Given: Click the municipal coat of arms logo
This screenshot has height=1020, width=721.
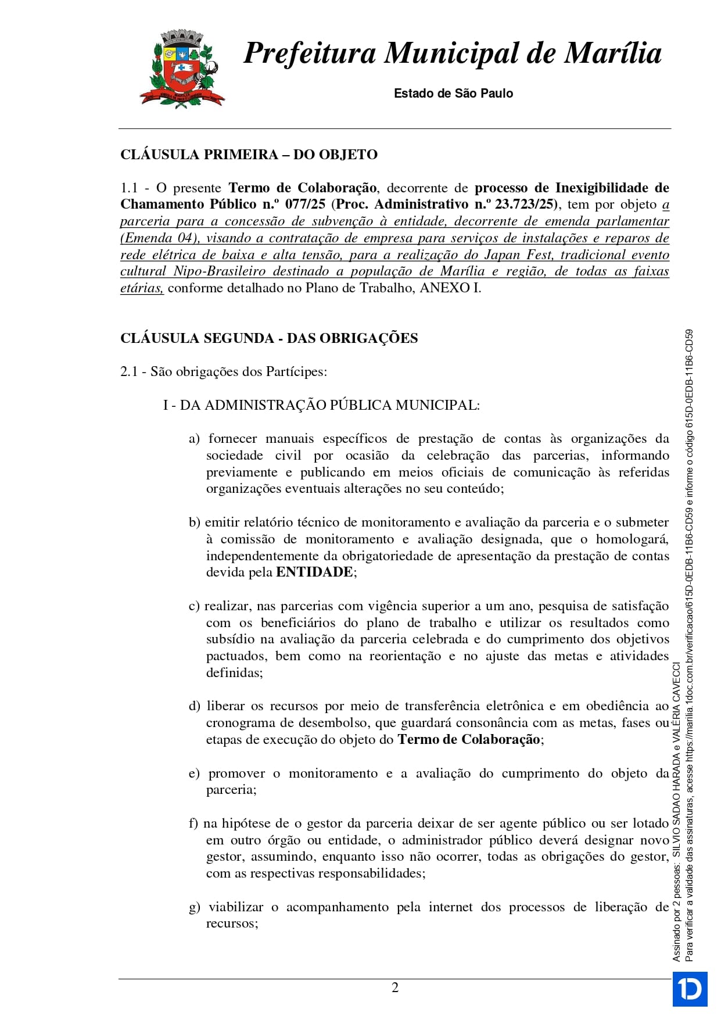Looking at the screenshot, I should point(182,69).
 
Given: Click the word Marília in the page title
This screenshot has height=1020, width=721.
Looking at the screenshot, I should point(614,53).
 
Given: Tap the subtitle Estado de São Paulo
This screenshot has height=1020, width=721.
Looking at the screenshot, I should point(453,93).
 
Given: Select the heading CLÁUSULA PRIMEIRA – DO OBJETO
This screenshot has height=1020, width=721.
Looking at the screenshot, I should point(249,155).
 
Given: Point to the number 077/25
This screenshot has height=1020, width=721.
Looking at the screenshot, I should point(305,205).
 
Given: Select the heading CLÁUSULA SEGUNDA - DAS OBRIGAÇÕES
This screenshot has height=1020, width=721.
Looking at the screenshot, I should point(269,338).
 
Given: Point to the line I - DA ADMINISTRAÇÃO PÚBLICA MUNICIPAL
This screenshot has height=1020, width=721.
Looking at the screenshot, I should point(321,406).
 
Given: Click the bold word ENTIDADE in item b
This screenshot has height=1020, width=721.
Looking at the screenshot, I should point(314,572).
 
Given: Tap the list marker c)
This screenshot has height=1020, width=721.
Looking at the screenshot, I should point(194,606).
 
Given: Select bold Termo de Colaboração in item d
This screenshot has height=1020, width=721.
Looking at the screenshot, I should point(469,740).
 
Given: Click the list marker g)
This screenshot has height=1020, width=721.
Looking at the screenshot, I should point(194,907).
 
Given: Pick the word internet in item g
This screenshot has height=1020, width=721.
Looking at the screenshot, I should point(451,907).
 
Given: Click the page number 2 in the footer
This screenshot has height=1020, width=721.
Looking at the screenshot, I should point(395,988).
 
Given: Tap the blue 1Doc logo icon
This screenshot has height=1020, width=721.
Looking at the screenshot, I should point(690,989).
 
